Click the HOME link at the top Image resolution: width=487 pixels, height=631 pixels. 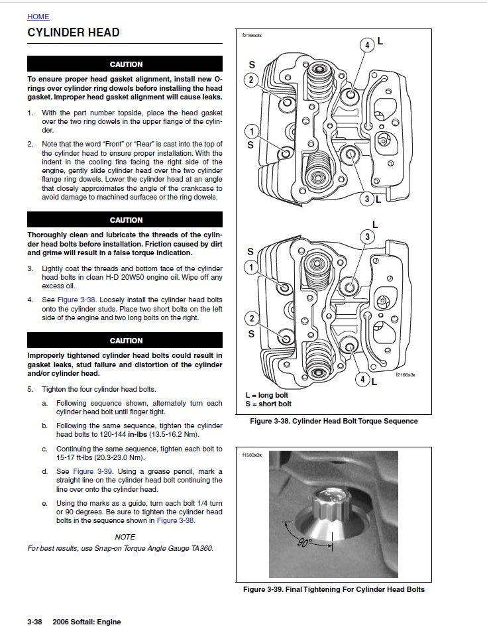pyautogui.click(x=38, y=17)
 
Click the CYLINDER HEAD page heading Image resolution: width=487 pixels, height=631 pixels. pyautogui.click(x=73, y=32)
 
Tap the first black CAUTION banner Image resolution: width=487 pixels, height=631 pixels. pyautogui.click(x=125, y=64)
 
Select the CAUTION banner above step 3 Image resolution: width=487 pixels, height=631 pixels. pyautogui.click(x=125, y=220)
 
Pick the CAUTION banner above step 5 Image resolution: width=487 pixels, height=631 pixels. pyautogui.click(x=125, y=341)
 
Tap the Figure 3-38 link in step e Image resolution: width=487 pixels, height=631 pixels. pyautogui.click(x=176, y=520)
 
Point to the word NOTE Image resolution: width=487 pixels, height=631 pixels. pyautogui.click(x=125, y=537)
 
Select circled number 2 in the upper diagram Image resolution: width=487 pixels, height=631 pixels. pyautogui.click(x=251, y=80)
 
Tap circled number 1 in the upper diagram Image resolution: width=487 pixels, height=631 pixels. pyautogui.click(x=251, y=132)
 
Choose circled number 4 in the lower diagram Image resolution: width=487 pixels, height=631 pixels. pyautogui.click(x=362, y=379)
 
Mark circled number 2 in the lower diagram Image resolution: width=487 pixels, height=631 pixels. pyautogui.click(x=251, y=317)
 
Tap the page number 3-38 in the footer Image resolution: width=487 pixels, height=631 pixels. pyautogui.click(x=34, y=622)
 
